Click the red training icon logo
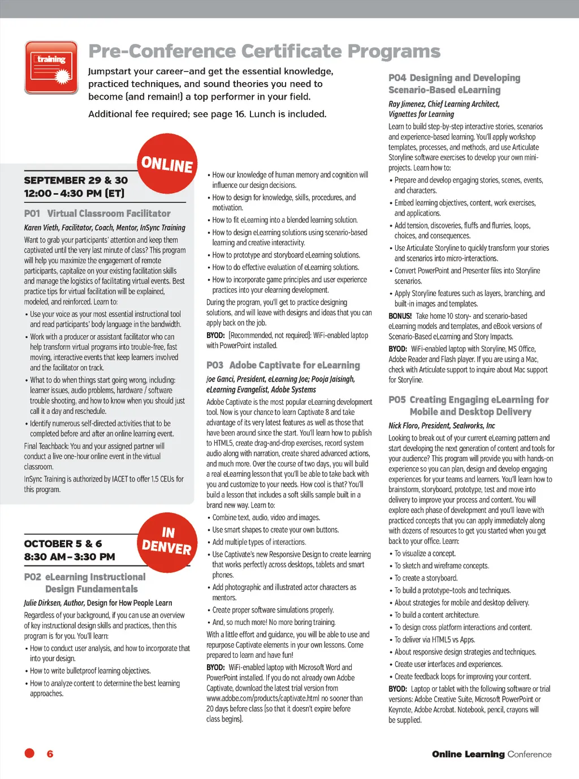pos(51,67)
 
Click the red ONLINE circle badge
pos(167,164)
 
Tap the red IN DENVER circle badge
pos(167,542)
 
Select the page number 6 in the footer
pos(50,754)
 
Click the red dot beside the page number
pos(29,753)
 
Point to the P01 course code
pos(32,213)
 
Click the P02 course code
pos(32,577)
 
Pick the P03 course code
pos(215,365)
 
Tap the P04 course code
pos(397,78)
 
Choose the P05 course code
pos(397,400)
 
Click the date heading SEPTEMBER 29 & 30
pos(76,180)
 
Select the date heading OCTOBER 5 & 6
pos(63,543)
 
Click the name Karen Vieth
pos(41,228)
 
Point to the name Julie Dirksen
pos(42,603)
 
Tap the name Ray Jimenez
pos(406,104)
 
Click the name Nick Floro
pos(403,426)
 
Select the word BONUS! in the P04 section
pos(400,316)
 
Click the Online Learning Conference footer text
pos(491,754)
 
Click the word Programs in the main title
pos(394,52)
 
